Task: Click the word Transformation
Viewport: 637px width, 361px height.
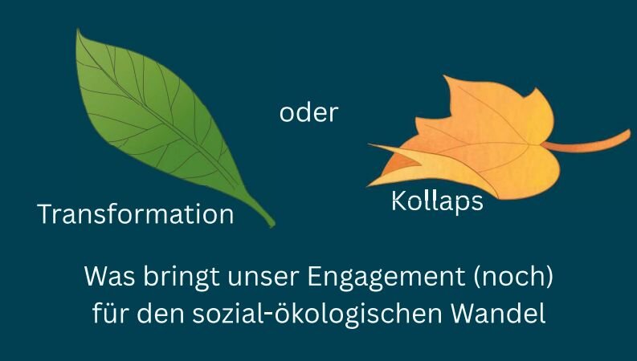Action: (x=136, y=214)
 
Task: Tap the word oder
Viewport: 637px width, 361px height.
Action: (x=308, y=112)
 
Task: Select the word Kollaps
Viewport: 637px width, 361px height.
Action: (x=437, y=201)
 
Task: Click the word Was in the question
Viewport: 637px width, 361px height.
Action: (x=109, y=276)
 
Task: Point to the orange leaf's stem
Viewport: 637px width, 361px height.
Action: (x=587, y=143)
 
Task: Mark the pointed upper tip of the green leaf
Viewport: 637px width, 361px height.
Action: (x=78, y=30)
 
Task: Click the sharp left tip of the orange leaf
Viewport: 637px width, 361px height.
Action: (x=369, y=144)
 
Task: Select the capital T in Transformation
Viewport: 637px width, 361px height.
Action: (x=46, y=214)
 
